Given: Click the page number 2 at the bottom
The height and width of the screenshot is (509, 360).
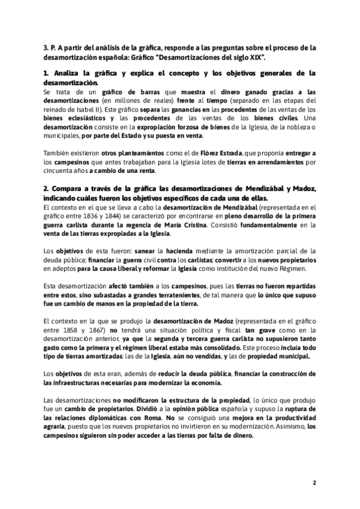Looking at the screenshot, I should tap(314, 483).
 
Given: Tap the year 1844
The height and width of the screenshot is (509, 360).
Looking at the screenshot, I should tap(127, 215).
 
